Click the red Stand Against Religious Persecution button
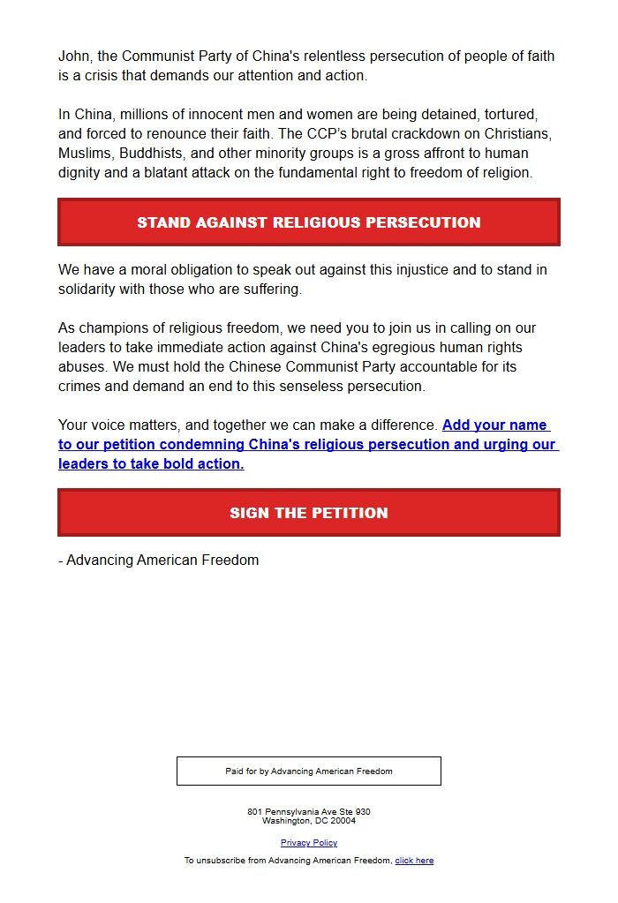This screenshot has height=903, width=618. [309, 222]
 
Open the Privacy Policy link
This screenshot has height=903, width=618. [309, 843]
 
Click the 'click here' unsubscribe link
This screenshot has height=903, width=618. [414, 861]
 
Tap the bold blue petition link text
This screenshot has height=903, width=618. [308, 444]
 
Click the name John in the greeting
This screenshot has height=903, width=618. [74, 56]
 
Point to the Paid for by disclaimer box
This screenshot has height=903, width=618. [309, 771]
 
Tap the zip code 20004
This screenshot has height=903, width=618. [343, 821]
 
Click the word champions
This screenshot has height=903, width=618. [109, 328]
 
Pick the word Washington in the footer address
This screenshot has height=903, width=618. [286, 821]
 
